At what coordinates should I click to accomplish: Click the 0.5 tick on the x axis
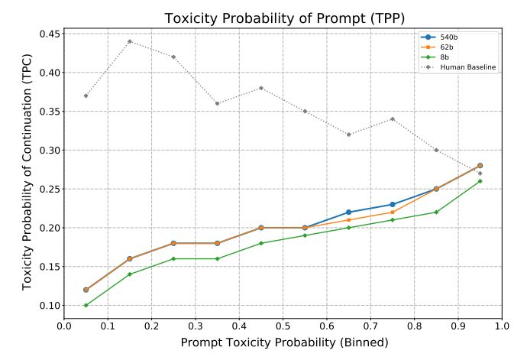click(283, 326)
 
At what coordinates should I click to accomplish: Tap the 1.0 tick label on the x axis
click(502, 326)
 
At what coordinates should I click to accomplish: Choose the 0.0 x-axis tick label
click(64, 326)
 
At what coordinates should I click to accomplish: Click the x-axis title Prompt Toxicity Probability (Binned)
click(283, 342)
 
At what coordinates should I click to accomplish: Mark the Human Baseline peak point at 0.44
click(130, 41)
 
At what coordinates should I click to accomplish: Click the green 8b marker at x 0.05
click(86, 305)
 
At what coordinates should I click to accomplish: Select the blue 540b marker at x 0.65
click(349, 212)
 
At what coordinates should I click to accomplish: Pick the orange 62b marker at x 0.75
click(393, 212)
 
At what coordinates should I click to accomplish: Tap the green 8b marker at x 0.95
click(480, 181)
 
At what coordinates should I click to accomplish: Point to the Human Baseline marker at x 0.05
click(86, 96)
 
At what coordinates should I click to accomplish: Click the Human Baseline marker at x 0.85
click(436, 150)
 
